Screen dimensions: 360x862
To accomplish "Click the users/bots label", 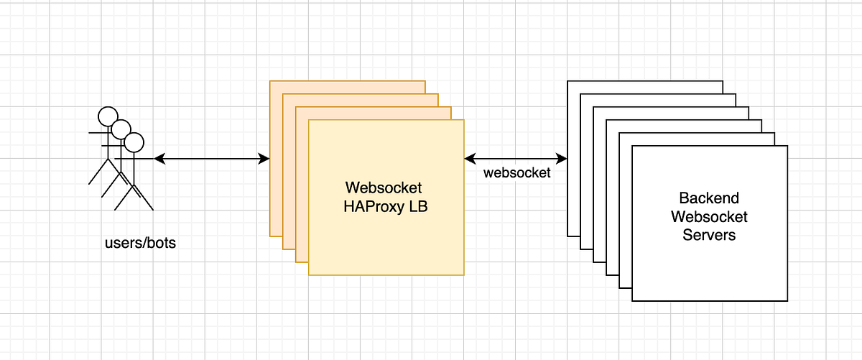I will pyautogui.click(x=140, y=243).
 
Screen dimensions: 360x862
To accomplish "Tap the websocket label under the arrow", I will pyautogui.click(x=517, y=173).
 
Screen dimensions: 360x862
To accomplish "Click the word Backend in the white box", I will pyautogui.click(x=709, y=198).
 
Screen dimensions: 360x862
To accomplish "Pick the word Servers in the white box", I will pyautogui.click(x=709, y=234).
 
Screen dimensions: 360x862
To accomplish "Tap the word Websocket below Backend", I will pyautogui.click(x=709, y=216).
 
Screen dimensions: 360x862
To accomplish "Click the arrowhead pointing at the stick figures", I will pyautogui.click(x=159, y=158).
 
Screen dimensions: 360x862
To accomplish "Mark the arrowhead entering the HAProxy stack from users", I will pyautogui.click(x=264, y=158).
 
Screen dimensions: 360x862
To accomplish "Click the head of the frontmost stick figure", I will pyautogui.click(x=134, y=142).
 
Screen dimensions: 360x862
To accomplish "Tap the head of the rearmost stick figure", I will pyautogui.click(x=108, y=116).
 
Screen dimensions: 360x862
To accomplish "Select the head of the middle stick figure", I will pyautogui.click(x=121, y=129).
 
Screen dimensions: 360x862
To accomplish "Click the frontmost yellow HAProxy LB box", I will pyautogui.click(x=386, y=237).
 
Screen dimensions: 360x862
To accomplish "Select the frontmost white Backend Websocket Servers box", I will pyautogui.click(x=709, y=266).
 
